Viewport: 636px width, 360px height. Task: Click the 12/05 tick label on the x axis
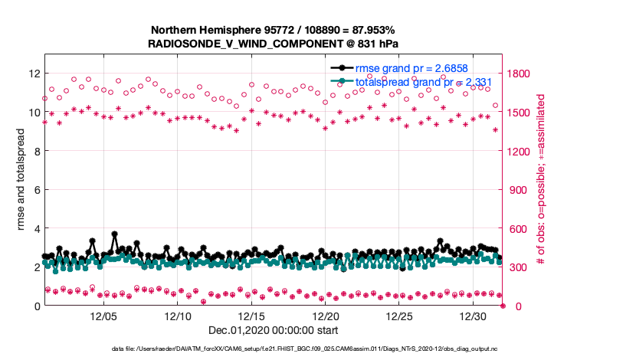103,316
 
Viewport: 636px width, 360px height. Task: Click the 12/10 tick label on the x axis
178,316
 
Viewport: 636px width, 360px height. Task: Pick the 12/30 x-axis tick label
474,316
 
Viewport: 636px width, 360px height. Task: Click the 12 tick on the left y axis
34,74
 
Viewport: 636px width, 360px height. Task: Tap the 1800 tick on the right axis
519,74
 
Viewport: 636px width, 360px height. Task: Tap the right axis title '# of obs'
540,180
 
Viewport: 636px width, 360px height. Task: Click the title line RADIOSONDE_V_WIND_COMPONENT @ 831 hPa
272,44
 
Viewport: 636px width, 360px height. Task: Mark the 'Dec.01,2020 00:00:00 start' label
272,329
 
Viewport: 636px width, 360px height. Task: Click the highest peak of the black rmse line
114,234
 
